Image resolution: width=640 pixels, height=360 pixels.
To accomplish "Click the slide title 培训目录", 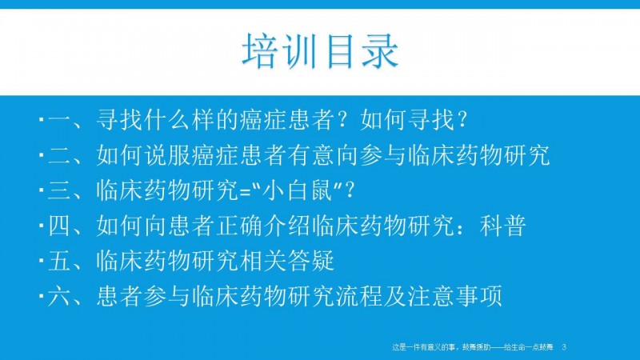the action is (320, 51).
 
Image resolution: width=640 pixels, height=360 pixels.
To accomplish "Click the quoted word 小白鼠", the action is (298, 190).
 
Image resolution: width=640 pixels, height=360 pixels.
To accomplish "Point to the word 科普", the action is (502, 226).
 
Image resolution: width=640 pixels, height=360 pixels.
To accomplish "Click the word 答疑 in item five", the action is (310, 262).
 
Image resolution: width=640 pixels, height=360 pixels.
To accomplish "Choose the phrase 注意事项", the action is (454, 296).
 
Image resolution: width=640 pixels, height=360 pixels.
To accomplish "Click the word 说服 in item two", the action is (167, 155).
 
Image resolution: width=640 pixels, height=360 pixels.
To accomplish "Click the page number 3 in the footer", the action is (564, 347).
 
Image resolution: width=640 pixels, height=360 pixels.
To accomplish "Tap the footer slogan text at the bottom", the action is (473, 347).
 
